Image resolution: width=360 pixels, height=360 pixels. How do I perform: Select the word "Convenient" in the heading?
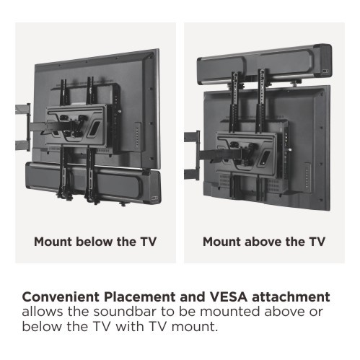[x=61, y=297]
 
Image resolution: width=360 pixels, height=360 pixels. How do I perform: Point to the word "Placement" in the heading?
[x=140, y=297]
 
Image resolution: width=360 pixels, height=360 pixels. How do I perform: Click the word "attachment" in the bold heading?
[x=291, y=297]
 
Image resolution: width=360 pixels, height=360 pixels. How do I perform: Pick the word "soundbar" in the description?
[x=125, y=312]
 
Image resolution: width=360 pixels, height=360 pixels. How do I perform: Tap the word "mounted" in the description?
[x=230, y=312]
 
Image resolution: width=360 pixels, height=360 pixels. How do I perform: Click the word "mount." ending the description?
[x=195, y=327]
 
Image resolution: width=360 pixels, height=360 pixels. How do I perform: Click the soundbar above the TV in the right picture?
[x=265, y=63]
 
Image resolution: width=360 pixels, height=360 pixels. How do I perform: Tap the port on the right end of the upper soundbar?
[x=326, y=71]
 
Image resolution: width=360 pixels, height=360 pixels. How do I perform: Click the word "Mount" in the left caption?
[x=53, y=242]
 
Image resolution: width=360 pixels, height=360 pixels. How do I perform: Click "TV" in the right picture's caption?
[x=317, y=242]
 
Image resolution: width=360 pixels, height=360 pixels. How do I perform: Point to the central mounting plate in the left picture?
[x=76, y=126]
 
